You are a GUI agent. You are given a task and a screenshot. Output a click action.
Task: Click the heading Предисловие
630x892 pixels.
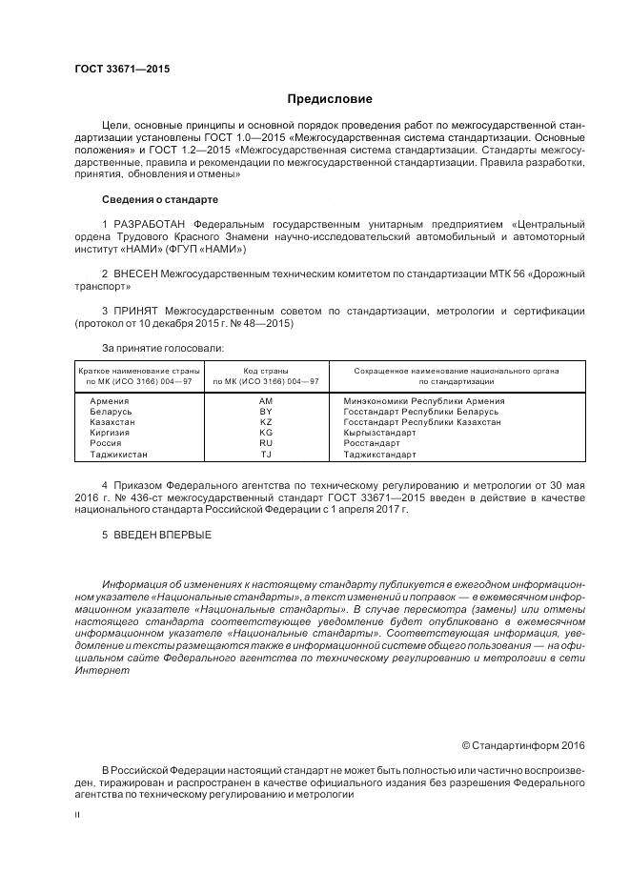tap(331, 99)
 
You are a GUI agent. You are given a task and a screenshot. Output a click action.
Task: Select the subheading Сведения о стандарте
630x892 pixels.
tap(159, 199)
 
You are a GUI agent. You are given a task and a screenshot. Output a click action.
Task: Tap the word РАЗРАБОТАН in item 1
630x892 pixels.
tap(152, 223)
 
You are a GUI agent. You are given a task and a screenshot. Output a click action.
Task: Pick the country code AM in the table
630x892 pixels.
tap(266, 401)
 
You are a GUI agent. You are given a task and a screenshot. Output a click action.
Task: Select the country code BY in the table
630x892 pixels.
tap(266, 412)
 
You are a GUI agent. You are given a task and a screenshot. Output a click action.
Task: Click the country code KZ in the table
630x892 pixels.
tap(266, 421)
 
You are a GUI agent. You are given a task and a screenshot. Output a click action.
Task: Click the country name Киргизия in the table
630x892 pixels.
tap(111, 432)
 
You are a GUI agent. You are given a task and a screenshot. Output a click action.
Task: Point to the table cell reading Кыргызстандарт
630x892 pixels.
tap(379, 432)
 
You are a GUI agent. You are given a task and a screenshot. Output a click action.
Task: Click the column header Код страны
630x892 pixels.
tap(266, 370)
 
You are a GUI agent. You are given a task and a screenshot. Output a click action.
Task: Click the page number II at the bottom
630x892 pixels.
tap(77, 815)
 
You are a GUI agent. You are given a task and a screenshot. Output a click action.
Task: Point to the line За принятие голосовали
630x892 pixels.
tap(162, 348)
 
